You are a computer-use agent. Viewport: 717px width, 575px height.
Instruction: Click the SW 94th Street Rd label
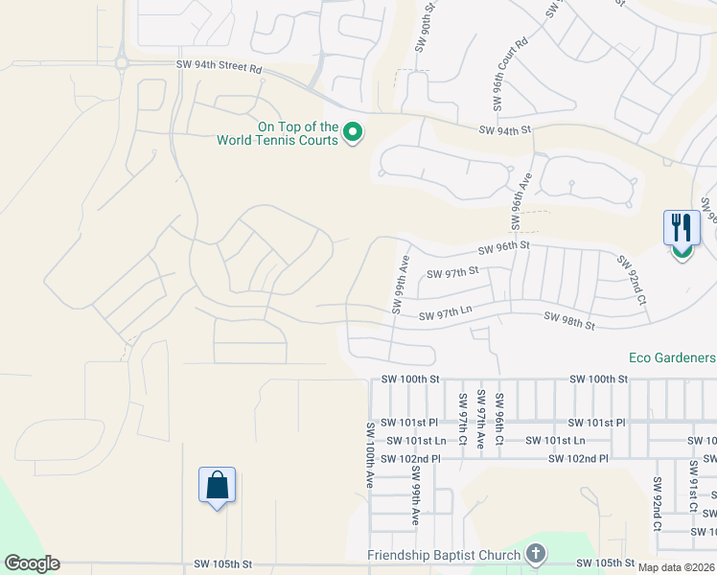click(220, 68)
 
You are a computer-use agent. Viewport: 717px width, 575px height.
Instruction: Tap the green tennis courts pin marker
click(352, 131)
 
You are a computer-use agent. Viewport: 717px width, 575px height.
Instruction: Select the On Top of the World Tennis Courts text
click(278, 133)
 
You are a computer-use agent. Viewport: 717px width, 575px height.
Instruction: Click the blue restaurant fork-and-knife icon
click(682, 227)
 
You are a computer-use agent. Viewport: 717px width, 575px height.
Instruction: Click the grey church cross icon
click(535, 553)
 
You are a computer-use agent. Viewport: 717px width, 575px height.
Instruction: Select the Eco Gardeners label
click(672, 357)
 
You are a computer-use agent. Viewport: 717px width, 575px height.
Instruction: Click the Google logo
click(32, 563)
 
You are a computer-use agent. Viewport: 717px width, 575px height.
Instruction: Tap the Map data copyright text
click(677, 567)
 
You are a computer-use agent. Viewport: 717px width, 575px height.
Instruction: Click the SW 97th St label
click(451, 274)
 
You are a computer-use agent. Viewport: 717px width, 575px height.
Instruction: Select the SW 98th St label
click(568, 320)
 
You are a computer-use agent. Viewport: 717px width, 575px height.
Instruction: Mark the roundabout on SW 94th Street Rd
click(122, 63)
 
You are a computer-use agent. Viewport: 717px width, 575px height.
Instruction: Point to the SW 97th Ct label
click(462, 419)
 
